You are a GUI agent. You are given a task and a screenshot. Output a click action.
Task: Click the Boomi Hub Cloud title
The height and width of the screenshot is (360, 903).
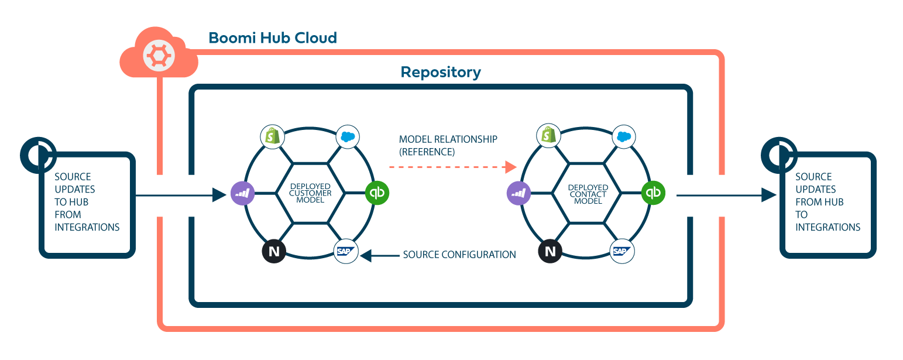coord(273,39)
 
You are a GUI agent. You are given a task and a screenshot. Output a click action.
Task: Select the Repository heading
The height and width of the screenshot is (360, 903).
coord(441,73)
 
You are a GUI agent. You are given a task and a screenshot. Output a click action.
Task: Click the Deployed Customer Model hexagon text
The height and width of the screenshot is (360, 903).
coord(310,193)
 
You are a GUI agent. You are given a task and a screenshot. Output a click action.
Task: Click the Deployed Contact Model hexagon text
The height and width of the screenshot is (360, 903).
coord(588,193)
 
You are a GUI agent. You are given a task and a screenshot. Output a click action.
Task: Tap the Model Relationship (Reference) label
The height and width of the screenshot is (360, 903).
coord(448,145)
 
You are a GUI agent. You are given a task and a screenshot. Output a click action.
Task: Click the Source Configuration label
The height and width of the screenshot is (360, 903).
coord(459,255)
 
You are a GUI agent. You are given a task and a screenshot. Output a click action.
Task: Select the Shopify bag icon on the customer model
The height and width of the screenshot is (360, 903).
coord(272,136)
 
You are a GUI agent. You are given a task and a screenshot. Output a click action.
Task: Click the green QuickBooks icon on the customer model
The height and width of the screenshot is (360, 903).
coord(377,193)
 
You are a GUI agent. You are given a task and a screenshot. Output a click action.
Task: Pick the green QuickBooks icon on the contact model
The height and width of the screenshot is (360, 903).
coord(653,193)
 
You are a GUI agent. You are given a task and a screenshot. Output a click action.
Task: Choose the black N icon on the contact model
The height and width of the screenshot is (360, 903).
coord(550,251)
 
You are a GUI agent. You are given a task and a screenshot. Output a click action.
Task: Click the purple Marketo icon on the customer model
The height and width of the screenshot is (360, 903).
coord(242,193)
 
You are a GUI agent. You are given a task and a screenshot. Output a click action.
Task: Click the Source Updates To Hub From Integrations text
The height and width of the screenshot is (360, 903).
coord(87,202)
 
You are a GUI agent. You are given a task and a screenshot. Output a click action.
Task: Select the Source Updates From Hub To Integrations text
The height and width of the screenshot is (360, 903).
coord(828,202)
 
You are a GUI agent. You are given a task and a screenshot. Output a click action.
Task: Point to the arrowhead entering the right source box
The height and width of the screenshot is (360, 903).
coord(769,195)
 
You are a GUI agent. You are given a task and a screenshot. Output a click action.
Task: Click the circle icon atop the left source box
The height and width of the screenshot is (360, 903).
coord(37,155)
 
